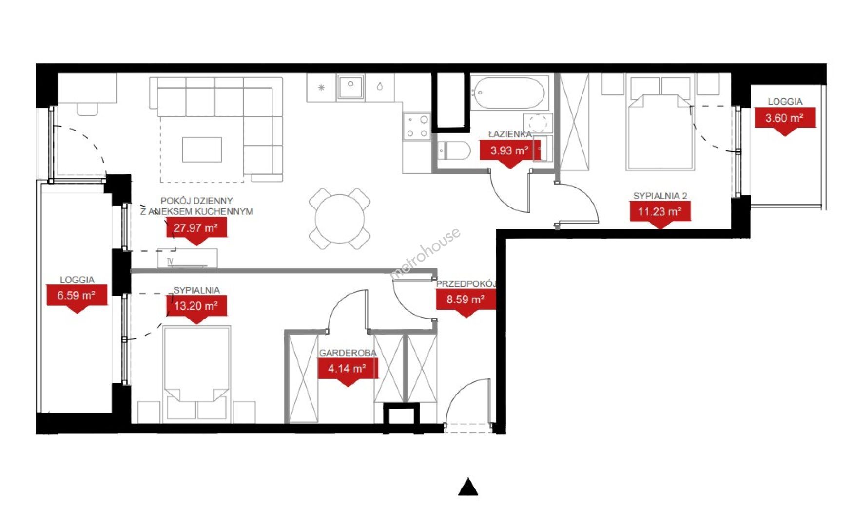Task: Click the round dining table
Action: pyautogui.click(x=340, y=219)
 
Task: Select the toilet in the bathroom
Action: pyautogui.click(x=453, y=151)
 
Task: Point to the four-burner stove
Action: pyautogui.click(x=417, y=126)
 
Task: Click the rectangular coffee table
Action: pyautogui.click(x=202, y=150)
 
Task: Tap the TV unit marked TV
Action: pyautogui.click(x=187, y=258)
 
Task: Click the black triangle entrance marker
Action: pyautogui.click(x=468, y=487)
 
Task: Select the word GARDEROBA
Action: pyautogui.click(x=348, y=353)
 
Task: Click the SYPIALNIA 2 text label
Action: pyautogui.click(x=660, y=196)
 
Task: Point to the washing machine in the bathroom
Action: pyautogui.click(x=538, y=124)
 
